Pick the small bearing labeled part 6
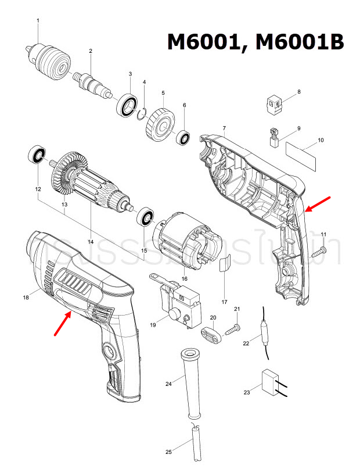coord(185,138)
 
